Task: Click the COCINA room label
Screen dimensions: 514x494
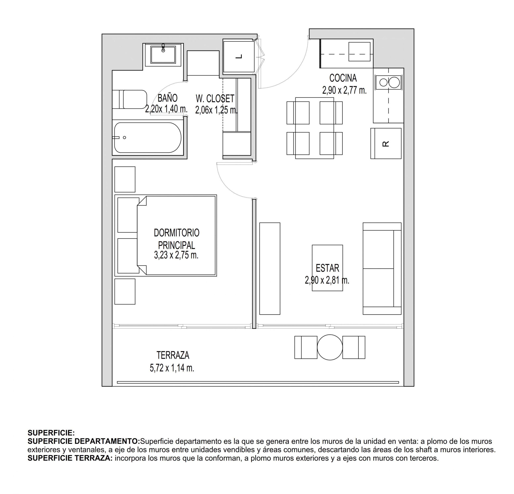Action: (343, 78)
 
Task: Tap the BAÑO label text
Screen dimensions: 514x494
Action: (167, 98)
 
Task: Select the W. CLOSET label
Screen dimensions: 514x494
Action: (215, 99)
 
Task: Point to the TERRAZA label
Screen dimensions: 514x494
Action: (173, 355)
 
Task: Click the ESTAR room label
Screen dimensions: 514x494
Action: (327, 268)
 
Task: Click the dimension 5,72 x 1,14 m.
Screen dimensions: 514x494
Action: (172, 368)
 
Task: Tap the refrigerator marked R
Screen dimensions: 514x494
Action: (386, 144)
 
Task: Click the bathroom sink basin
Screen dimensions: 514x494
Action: (163, 55)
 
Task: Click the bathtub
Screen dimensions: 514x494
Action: (148, 137)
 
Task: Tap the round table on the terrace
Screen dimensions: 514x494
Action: (330, 347)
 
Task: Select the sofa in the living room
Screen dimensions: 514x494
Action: (382, 269)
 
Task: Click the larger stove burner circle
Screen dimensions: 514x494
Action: (394, 82)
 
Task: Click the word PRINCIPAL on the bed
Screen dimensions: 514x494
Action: (176, 245)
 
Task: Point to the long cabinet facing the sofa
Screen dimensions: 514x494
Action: (270, 269)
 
